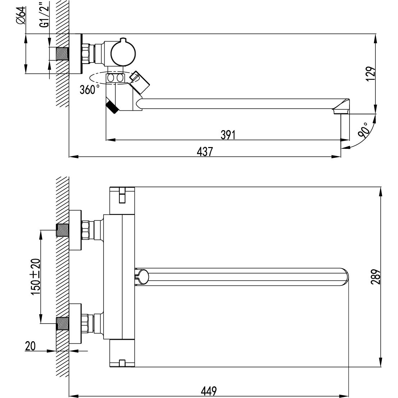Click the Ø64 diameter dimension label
(21, 15)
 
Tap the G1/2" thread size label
(44, 14)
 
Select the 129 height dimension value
(371, 74)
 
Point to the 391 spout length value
(228, 135)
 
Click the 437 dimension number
(205, 152)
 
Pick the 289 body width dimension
(376, 277)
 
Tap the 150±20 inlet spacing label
(36, 277)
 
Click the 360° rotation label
(90, 90)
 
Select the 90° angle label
(363, 130)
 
